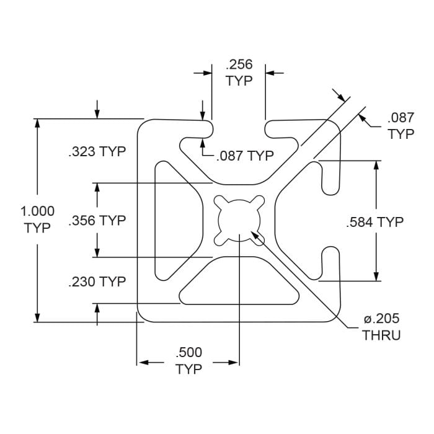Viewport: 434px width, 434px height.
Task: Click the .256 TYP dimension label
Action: [239, 72]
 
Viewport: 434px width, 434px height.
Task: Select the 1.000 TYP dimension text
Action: [38, 219]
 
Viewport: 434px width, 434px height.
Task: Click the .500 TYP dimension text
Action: [188, 361]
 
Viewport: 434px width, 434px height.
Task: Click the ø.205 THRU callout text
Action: [381, 327]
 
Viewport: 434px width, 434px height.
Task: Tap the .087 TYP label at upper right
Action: [401, 126]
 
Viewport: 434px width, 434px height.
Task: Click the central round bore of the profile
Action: [239, 220]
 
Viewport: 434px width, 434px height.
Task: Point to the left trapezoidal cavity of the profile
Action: [177, 220]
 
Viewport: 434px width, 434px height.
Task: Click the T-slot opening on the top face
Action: [239, 127]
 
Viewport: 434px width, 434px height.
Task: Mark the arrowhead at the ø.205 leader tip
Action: [254, 234]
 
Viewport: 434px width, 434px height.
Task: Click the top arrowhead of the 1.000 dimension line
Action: [38, 123]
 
